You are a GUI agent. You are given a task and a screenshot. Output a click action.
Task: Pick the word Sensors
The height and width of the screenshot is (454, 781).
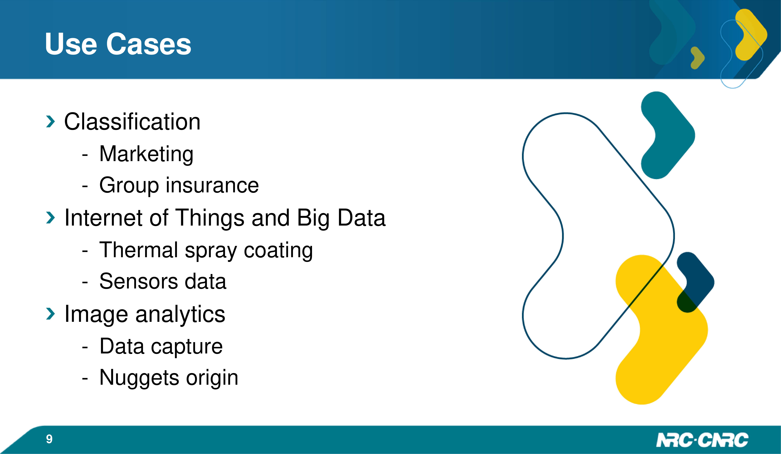(x=138, y=281)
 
